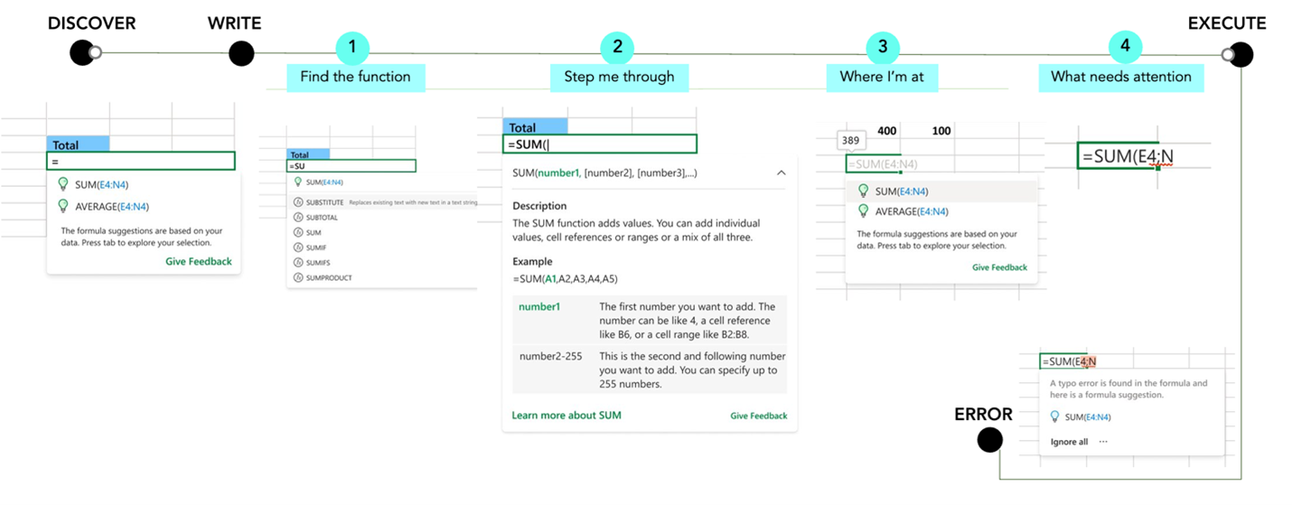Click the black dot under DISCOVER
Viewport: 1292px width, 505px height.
pyautogui.click(x=82, y=53)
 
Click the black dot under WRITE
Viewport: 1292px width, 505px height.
pyautogui.click(x=241, y=54)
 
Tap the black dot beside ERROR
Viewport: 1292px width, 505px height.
pyautogui.click(x=990, y=440)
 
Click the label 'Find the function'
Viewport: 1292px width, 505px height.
pyautogui.click(x=355, y=77)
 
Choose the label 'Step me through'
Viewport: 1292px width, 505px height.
pyautogui.click(x=619, y=77)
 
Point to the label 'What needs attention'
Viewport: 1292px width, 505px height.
pyautogui.click(x=1120, y=77)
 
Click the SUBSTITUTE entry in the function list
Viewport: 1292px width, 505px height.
pyautogui.click(x=324, y=202)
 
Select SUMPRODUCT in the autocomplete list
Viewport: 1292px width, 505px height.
pyautogui.click(x=329, y=277)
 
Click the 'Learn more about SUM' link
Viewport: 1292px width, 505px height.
pyautogui.click(x=566, y=416)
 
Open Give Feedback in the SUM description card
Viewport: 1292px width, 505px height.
pyautogui.click(x=758, y=416)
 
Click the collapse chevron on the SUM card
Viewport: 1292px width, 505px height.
pyautogui.click(x=780, y=173)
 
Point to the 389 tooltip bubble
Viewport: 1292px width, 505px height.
pyautogui.click(x=850, y=140)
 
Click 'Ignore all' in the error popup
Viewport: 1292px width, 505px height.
pyautogui.click(x=1069, y=442)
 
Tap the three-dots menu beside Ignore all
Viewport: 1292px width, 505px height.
pyautogui.click(x=1103, y=442)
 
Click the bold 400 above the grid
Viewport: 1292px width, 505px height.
pyautogui.click(x=887, y=131)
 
